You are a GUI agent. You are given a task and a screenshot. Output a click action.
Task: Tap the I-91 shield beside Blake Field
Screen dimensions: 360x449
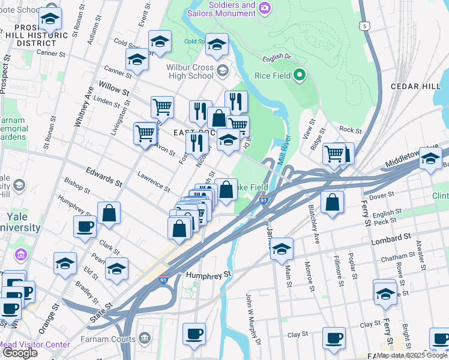[x=264, y=200]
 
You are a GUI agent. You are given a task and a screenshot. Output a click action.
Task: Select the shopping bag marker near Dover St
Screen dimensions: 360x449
[x=332, y=202]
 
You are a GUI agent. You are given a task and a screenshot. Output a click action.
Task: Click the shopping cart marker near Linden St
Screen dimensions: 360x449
[x=162, y=107]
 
